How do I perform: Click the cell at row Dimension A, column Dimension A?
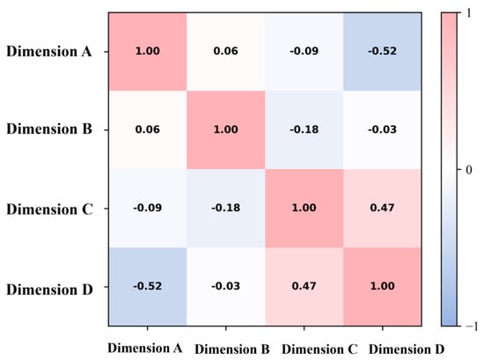tap(148, 52)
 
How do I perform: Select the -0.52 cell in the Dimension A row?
tap(383, 52)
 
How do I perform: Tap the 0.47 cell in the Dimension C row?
tap(383, 208)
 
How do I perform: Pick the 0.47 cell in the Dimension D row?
tap(304, 287)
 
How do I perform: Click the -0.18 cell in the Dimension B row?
tap(304, 130)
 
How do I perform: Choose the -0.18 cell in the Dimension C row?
tap(226, 208)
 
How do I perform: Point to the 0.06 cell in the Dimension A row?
tap(226, 52)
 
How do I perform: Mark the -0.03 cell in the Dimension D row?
tap(226, 287)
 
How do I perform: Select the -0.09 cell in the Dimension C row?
tap(148, 208)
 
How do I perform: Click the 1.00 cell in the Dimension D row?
tap(383, 287)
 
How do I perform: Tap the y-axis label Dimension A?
tap(49, 52)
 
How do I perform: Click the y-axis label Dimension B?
tap(49, 129)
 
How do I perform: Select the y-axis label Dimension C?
tap(49, 209)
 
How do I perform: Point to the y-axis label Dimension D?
tap(49, 290)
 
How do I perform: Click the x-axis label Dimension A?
tap(145, 349)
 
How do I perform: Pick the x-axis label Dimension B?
tap(232, 349)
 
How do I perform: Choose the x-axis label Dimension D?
tap(407, 349)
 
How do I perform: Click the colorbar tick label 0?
tap(468, 170)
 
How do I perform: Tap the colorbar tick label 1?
tap(469, 13)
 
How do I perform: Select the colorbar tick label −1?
tap(472, 326)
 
